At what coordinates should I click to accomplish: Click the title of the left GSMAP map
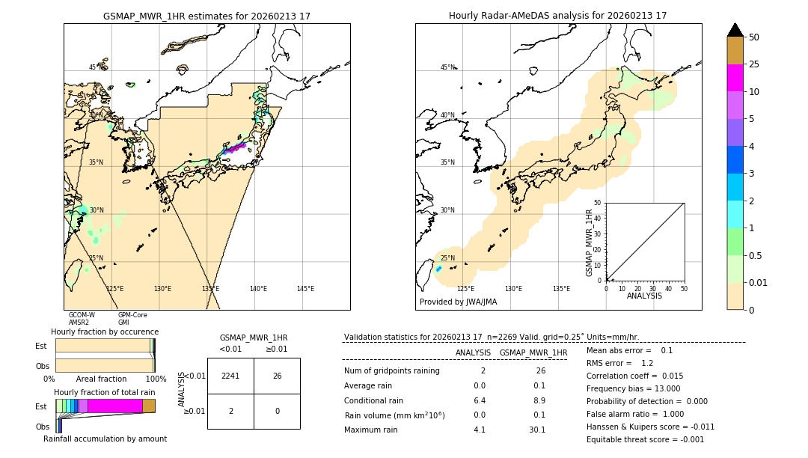[206, 16]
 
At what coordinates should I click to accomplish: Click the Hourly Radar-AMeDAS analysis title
[557, 16]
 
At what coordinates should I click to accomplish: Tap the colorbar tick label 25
[754, 64]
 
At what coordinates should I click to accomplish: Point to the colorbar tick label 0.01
[758, 282]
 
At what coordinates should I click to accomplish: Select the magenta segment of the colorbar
[735, 78]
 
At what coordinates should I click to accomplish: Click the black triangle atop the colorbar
[735, 30]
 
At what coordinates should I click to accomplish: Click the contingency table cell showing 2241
[230, 376]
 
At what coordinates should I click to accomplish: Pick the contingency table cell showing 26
[277, 376]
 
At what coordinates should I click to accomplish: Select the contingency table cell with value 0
[277, 411]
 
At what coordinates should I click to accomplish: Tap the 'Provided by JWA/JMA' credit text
[458, 302]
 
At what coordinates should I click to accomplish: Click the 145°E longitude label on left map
[305, 289]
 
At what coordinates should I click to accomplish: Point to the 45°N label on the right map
[447, 67]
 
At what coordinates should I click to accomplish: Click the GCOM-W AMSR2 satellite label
[82, 319]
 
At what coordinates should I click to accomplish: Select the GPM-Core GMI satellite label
[132, 319]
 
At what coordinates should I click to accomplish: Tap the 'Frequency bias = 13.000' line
[633, 388]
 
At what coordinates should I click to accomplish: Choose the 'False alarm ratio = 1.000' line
[634, 414]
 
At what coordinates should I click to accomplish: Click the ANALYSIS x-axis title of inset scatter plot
[644, 296]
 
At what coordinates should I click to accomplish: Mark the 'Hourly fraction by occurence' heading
[105, 332]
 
